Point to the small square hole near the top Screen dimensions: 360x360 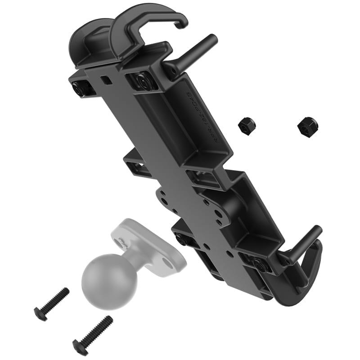[x=106, y=80]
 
